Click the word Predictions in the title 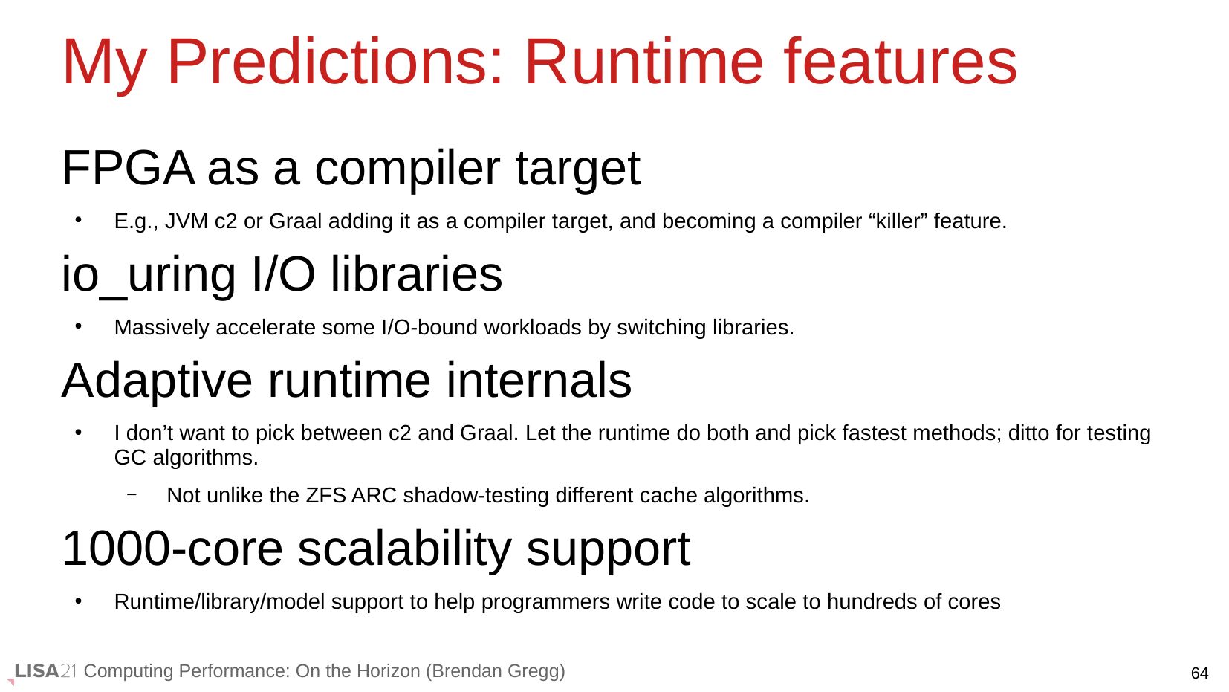(x=334, y=62)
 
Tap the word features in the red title (x=901, y=62)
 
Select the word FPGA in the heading (x=128, y=168)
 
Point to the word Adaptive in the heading (x=157, y=381)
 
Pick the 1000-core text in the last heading (x=172, y=549)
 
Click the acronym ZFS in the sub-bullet (x=326, y=496)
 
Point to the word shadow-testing (x=476, y=496)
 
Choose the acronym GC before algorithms (x=130, y=458)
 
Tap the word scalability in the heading (x=404, y=549)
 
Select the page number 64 (x=1200, y=673)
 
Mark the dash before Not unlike (x=132, y=495)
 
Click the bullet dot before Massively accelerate (x=79, y=326)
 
